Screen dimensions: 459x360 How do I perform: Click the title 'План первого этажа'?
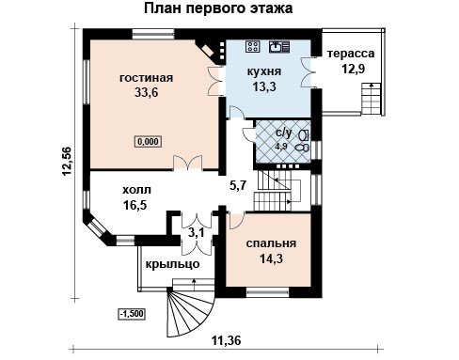pos(218,8)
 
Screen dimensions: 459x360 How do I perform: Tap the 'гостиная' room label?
pos(146,78)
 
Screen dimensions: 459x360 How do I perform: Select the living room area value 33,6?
pos(147,92)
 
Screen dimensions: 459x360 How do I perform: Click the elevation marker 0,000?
pos(148,142)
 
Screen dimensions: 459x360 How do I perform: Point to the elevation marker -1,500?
pos(132,314)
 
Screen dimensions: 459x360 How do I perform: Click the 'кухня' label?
pos(264,71)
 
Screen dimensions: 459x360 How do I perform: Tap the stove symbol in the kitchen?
pos(252,46)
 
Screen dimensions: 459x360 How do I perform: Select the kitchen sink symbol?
pos(279,46)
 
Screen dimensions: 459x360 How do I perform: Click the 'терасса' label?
pos(351,54)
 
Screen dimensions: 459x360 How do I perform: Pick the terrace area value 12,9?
pos(353,69)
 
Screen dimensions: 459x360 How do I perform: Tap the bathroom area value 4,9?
pos(282,147)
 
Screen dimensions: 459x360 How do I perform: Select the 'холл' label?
pos(136,190)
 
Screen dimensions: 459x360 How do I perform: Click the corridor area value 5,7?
pos(238,185)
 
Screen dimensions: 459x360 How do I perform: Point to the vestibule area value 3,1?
pos(197,233)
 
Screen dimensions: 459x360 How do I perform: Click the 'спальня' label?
pos(271,243)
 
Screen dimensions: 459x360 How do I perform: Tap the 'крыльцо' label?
pos(172,264)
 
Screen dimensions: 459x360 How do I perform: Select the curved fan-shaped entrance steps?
pos(190,313)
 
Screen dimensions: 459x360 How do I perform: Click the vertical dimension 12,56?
pos(68,161)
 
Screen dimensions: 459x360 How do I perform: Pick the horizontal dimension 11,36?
pos(227,340)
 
